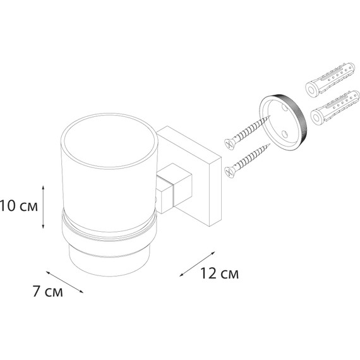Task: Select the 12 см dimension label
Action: [x=219, y=273]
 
